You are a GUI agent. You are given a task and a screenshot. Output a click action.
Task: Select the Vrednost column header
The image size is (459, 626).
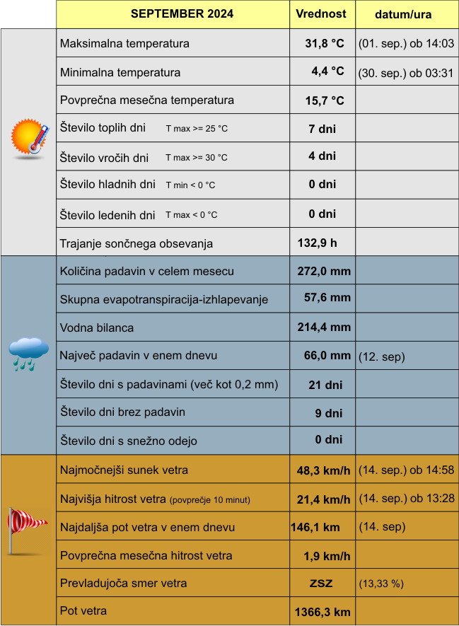pyautogui.click(x=321, y=14)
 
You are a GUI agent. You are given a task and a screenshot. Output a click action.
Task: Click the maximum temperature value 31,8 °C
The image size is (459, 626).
pyautogui.click(x=324, y=44)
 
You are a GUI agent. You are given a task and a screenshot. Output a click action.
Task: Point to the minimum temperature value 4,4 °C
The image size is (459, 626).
pyautogui.click(x=327, y=71)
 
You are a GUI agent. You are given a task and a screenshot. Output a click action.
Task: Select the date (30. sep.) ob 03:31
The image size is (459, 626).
pyautogui.click(x=406, y=72)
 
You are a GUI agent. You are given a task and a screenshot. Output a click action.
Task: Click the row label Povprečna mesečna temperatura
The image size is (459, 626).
pyautogui.click(x=147, y=100)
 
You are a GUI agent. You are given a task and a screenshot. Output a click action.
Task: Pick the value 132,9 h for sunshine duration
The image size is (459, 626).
pyautogui.click(x=317, y=243)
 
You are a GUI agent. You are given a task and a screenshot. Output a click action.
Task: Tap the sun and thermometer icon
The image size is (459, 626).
pyautogui.click(x=30, y=137)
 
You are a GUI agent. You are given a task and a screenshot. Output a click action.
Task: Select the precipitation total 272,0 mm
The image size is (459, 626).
pyautogui.click(x=324, y=272)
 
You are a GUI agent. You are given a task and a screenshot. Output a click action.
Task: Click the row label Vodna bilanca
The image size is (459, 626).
pyautogui.click(x=97, y=328)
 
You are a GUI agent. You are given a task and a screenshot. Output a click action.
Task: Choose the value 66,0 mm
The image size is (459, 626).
pyautogui.click(x=327, y=356)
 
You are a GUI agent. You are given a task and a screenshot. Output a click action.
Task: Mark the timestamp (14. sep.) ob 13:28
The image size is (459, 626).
pyautogui.click(x=406, y=499)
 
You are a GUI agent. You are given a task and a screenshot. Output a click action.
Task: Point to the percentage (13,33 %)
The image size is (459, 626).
pyautogui.click(x=381, y=584)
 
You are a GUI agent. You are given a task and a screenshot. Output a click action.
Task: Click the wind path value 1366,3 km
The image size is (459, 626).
pyautogui.click(x=322, y=612)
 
